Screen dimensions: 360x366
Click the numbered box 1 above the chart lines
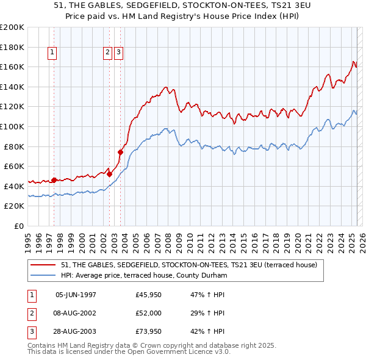coord(53,53)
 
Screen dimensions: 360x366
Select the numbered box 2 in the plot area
coord(107,53)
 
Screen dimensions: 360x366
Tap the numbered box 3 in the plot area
coord(118,53)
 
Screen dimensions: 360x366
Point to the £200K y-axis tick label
coord(12,27)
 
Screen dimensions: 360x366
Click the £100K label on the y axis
coord(12,126)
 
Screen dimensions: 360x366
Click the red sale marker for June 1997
coord(54,180)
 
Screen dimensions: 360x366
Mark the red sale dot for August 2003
coord(121,152)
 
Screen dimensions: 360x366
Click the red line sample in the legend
coord(43,265)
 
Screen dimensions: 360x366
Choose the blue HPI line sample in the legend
coord(43,276)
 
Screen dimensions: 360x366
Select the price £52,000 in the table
coord(149,314)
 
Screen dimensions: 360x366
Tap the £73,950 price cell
coord(149,331)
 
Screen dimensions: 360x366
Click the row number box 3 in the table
coord(30,331)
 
